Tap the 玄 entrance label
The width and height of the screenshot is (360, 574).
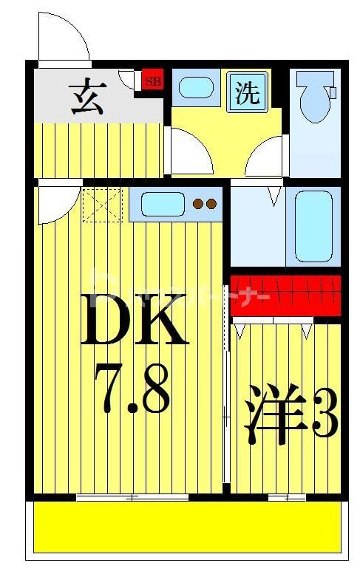click(x=88, y=97)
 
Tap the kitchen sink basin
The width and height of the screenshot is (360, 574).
click(x=163, y=203)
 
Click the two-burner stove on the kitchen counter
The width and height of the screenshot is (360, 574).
click(x=205, y=204)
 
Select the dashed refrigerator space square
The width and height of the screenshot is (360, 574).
click(x=101, y=205)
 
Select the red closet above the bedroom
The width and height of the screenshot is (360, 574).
click(x=285, y=295)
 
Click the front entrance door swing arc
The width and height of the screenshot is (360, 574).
click(x=63, y=37)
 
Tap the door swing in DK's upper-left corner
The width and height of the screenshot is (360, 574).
click(x=55, y=203)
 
